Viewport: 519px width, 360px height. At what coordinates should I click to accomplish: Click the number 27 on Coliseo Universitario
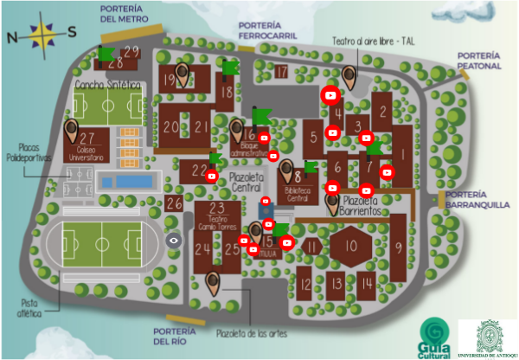pos(86,138)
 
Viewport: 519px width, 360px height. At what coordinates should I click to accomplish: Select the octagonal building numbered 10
pos(349,246)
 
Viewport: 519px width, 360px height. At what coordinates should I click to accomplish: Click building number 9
pos(398,247)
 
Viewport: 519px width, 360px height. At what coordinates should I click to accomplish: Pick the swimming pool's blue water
pos(127,182)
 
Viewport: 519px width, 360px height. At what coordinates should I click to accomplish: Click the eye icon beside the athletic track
pos(174,240)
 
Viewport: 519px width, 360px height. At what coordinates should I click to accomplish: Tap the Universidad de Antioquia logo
pos(487,337)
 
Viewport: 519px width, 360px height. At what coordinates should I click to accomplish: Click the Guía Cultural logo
pos(435,337)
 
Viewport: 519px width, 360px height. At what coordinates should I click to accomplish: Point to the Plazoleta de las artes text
pos(252,333)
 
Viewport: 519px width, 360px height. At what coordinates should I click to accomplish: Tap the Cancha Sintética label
pos(108,85)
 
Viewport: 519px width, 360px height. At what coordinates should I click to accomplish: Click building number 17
pos(281,71)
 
